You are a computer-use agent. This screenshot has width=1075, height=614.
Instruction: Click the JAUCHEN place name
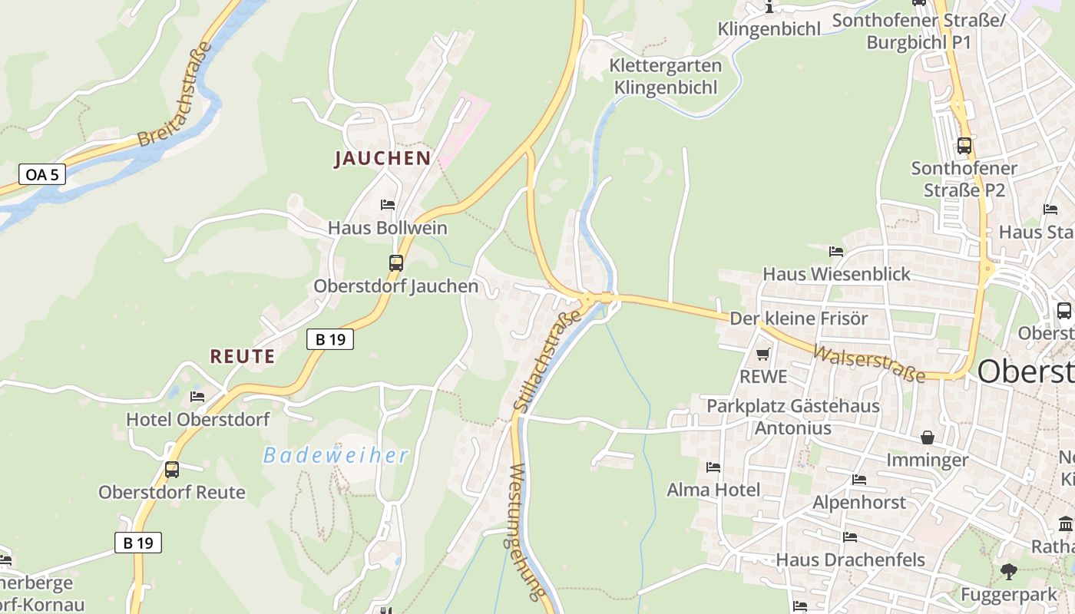tap(382, 159)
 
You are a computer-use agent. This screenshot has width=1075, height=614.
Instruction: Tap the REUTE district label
tap(243, 356)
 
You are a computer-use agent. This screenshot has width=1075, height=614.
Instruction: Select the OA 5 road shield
tap(41, 174)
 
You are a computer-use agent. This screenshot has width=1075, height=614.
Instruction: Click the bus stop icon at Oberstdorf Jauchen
tap(395, 263)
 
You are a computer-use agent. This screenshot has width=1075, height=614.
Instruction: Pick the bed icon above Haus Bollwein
tap(388, 204)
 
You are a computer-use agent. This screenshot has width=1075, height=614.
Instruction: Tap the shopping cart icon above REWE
tap(762, 354)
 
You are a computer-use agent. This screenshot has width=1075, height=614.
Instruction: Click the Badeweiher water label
tap(336, 455)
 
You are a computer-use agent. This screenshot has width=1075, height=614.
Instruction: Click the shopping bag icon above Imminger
tap(928, 437)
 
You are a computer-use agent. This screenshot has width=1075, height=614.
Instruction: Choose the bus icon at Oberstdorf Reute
tap(172, 469)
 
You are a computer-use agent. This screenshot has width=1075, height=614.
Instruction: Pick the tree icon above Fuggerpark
tap(1008, 571)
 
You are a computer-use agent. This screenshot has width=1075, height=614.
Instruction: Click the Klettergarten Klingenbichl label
tap(666, 76)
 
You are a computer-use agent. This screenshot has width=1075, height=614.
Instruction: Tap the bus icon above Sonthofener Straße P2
tap(964, 145)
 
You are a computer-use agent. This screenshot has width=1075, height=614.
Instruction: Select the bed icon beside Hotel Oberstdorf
tap(197, 397)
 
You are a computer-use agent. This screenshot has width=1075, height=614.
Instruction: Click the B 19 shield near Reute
tap(330, 338)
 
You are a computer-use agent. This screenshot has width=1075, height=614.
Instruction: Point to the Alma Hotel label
tap(713, 490)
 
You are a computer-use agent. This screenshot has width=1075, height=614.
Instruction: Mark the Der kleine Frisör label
tap(799, 318)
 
